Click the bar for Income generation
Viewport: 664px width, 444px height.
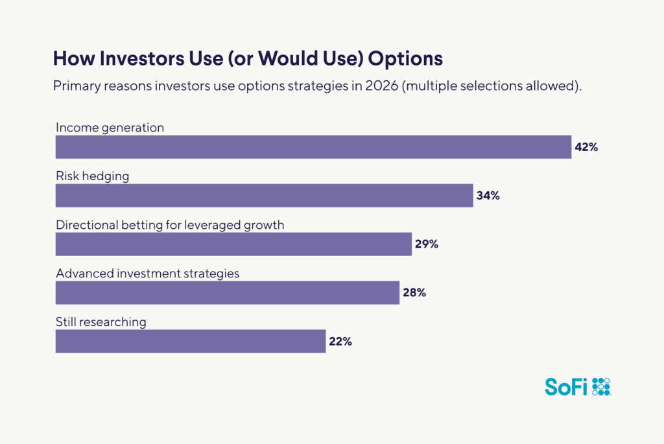click(313, 147)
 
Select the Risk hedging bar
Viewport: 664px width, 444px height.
click(265, 196)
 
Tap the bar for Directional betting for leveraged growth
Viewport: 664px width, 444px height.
click(233, 244)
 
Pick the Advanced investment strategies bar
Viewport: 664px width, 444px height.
click(228, 293)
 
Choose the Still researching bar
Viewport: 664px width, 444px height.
click(191, 342)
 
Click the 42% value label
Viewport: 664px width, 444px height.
click(586, 147)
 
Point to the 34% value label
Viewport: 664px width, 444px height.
click(488, 196)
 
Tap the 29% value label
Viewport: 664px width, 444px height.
click(426, 244)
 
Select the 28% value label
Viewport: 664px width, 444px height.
click(414, 293)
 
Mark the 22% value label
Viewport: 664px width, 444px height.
click(340, 342)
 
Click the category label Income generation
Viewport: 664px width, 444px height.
click(110, 128)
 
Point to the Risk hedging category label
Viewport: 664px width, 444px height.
click(92, 176)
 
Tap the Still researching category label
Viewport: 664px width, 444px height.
click(101, 322)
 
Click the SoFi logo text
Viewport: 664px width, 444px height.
click(565, 387)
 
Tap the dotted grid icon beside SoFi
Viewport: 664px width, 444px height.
click(601, 386)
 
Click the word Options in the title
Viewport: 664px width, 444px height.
click(405, 58)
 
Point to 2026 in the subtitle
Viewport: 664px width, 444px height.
click(380, 87)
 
